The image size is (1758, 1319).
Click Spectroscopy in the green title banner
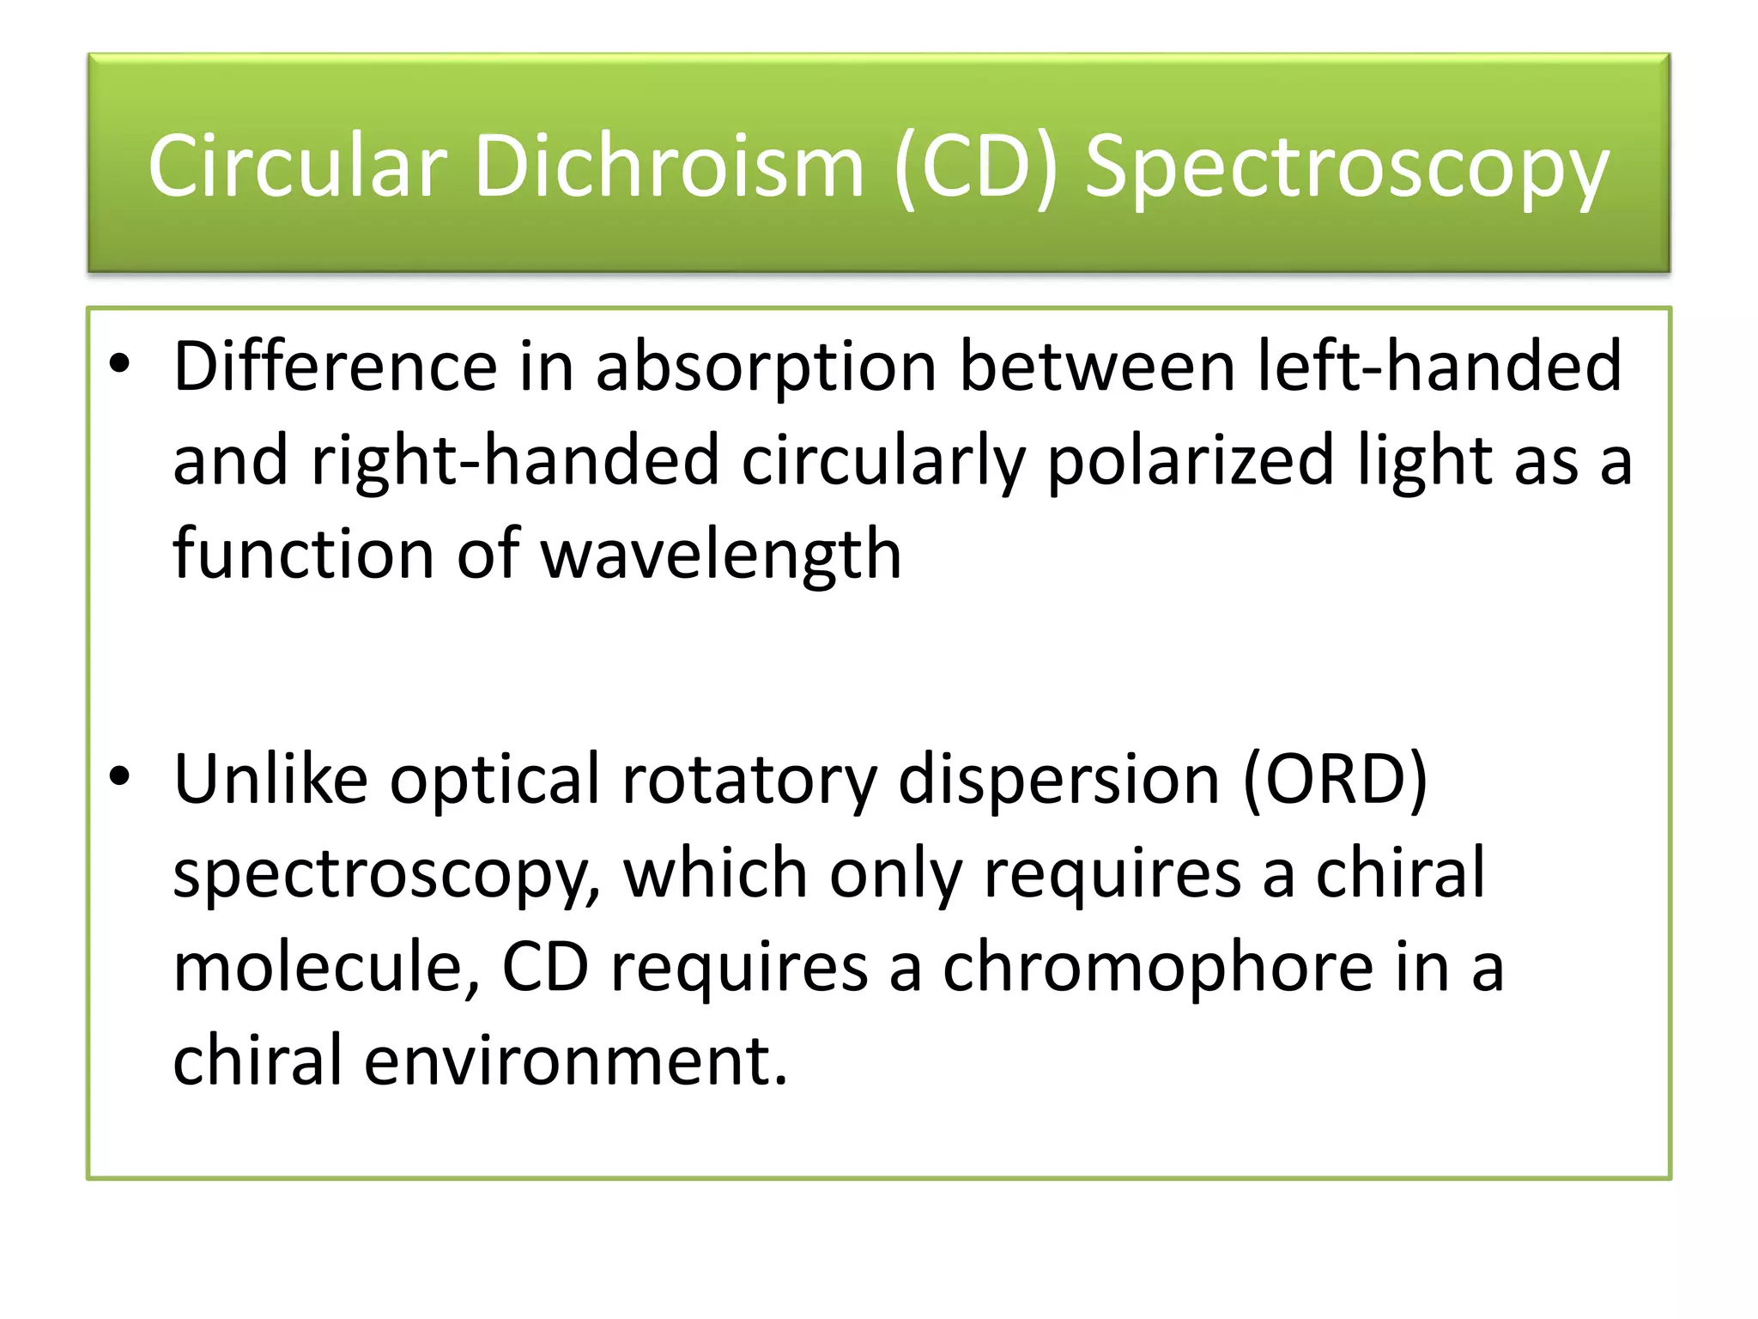pos(1346,167)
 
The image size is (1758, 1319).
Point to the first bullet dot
pos(119,365)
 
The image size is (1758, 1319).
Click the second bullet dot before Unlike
pos(119,777)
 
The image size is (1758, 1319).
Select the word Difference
pos(335,367)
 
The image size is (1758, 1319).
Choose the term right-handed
pos(515,461)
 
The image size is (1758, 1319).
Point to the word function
pos(303,554)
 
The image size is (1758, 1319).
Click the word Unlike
pos(271,779)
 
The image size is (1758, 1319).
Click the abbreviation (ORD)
pos(1335,780)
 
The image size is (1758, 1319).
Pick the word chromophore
pos(1158,969)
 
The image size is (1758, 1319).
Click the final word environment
pos(574,1061)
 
